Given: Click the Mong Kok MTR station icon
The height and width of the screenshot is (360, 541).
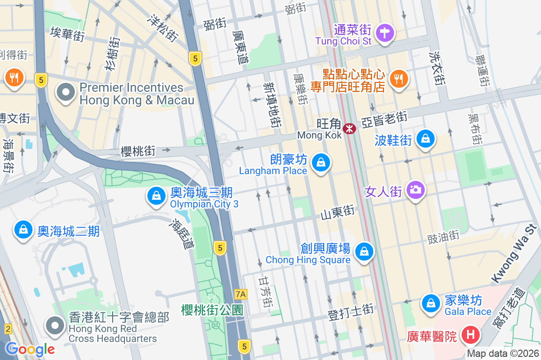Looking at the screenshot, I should (x=349, y=129).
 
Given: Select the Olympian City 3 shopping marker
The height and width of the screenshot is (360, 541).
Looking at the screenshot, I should (x=156, y=196).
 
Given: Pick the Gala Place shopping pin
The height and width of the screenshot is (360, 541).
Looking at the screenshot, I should (x=431, y=303).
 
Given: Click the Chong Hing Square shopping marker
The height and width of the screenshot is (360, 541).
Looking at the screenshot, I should (x=364, y=252).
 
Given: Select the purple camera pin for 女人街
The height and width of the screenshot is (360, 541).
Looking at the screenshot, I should (x=415, y=189).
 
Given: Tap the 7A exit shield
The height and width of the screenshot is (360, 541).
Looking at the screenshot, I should (x=241, y=294).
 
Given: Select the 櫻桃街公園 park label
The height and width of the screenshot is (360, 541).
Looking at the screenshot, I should (x=212, y=310).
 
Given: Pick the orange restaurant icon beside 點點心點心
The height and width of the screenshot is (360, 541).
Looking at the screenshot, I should (x=398, y=79).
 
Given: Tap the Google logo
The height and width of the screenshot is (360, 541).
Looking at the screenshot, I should (x=30, y=349).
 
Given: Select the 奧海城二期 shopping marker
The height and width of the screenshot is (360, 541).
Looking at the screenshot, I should (x=23, y=230).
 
